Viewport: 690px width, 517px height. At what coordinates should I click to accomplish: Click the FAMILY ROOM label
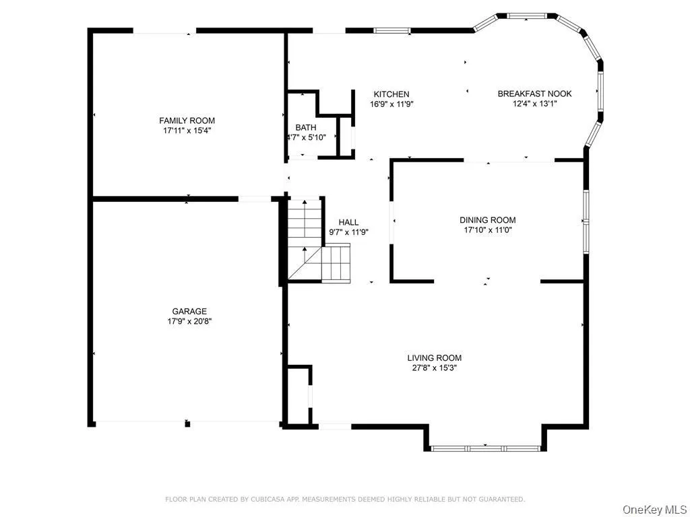[187, 120]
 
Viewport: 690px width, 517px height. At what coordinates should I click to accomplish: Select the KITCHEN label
[391, 94]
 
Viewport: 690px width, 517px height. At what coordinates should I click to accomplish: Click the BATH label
[305, 127]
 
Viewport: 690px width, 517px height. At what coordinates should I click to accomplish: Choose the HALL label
[348, 222]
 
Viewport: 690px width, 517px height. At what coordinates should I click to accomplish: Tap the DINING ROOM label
[487, 220]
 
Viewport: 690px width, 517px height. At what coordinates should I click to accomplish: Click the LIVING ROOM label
[434, 357]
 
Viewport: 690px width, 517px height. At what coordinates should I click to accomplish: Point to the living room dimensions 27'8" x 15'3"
[434, 368]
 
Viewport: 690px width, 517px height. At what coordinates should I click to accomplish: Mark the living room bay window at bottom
[484, 448]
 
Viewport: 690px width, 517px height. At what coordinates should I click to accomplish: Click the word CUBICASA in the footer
[248, 499]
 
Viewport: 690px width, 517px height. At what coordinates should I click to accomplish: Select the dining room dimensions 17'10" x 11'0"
[487, 230]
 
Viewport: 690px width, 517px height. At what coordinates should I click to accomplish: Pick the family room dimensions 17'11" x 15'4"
[187, 131]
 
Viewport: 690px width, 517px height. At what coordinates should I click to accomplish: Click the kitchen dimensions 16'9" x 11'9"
[391, 104]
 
